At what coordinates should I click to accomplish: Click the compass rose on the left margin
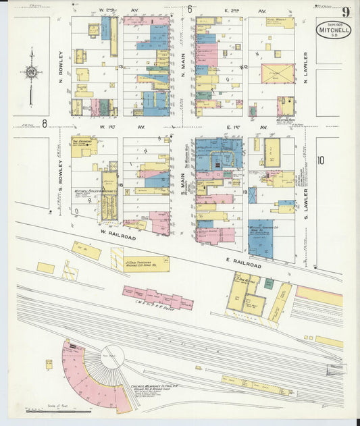click(30, 72)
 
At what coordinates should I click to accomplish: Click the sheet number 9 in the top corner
click(346, 11)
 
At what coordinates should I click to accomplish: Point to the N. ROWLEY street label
click(61, 65)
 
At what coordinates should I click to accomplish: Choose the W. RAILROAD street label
click(119, 238)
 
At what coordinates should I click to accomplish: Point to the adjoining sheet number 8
click(44, 123)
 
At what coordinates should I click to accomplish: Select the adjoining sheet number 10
click(321, 160)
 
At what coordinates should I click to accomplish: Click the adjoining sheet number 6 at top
click(190, 9)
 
